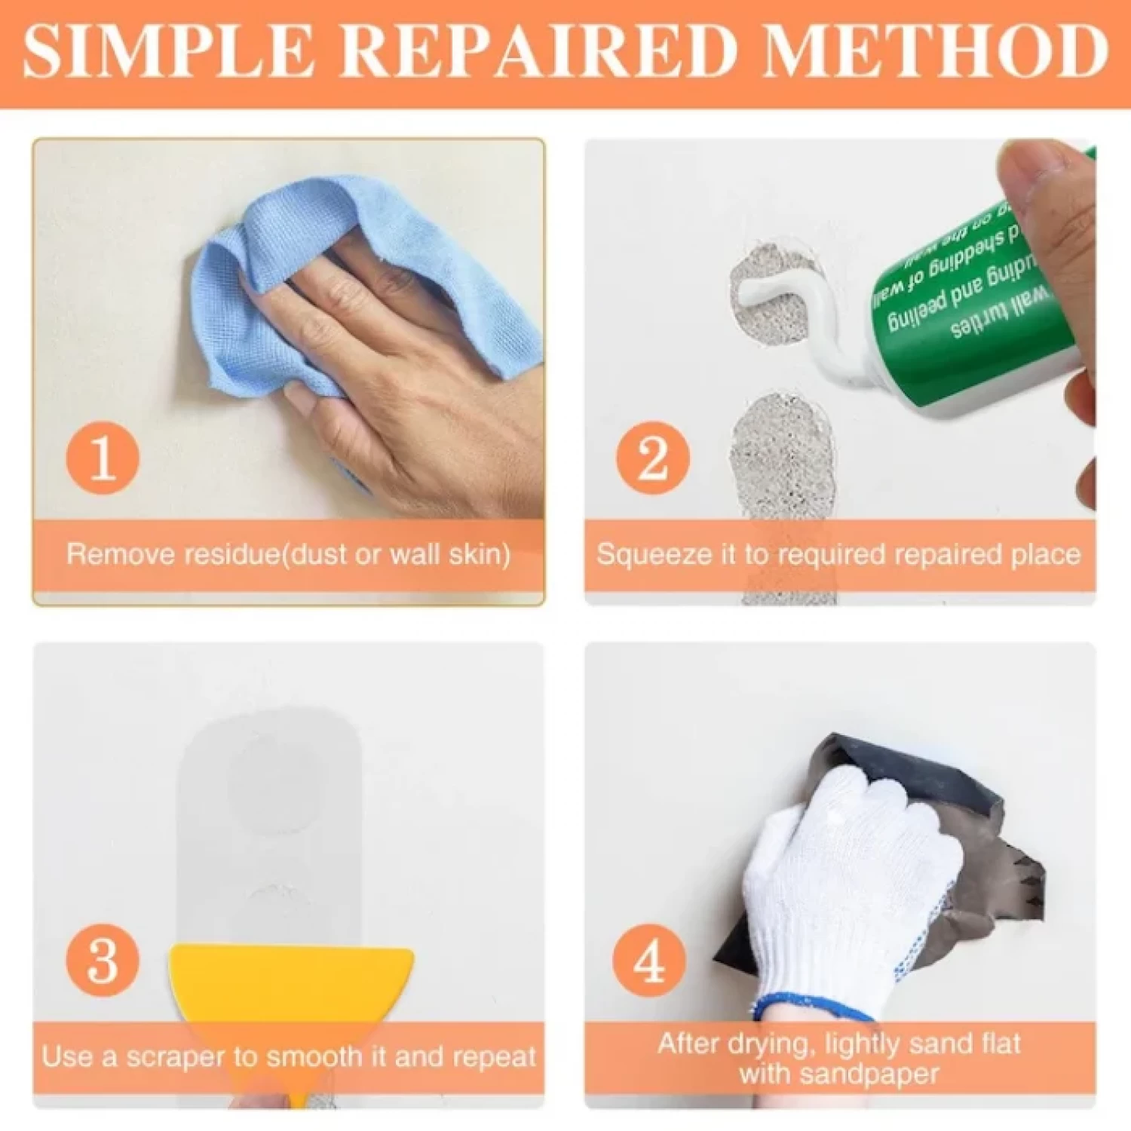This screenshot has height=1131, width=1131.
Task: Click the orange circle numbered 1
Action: pyautogui.click(x=103, y=458)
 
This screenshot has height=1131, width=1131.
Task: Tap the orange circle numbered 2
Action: pyautogui.click(x=652, y=458)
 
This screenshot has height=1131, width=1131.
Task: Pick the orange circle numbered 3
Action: pyautogui.click(x=103, y=961)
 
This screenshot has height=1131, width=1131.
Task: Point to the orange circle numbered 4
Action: pyautogui.click(x=649, y=961)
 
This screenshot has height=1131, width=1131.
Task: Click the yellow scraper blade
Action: pyautogui.click(x=290, y=980)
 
